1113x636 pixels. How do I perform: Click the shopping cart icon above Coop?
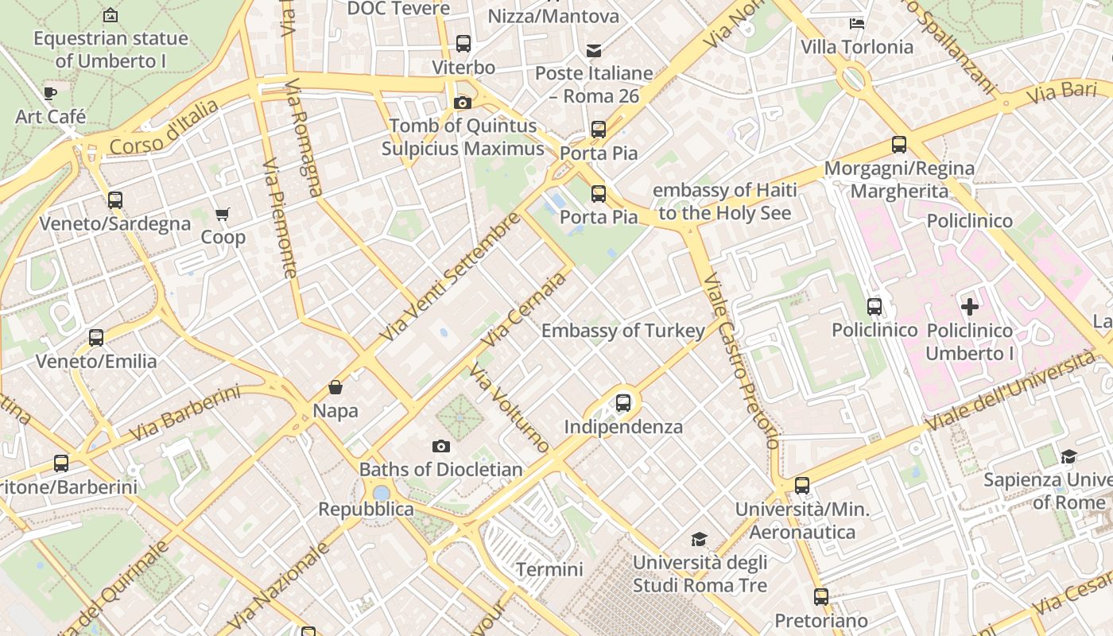(x=223, y=214)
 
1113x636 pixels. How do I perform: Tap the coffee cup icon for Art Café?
(x=50, y=93)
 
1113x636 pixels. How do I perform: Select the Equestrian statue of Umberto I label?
(x=111, y=49)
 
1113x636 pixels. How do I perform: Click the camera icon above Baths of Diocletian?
(x=441, y=447)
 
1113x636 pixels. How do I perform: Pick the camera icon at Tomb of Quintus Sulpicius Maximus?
(x=462, y=103)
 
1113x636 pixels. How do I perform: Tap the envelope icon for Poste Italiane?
(x=594, y=51)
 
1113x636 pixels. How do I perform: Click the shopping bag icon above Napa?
(x=335, y=388)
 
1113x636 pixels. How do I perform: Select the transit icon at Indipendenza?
(x=623, y=403)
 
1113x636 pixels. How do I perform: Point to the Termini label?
(x=549, y=569)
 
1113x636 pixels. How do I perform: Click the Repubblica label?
(x=366, y=509)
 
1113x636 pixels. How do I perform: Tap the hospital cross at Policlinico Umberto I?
(x=969, y=307)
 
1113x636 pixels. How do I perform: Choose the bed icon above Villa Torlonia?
(x=857, y=24)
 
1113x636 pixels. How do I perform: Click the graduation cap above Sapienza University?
(x=1068, y=456)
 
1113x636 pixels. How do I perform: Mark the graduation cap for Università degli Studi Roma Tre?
(x=699, y=540)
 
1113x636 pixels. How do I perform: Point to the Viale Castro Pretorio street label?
(x=740, y=362)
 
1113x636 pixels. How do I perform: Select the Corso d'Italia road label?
(x=164, y=128)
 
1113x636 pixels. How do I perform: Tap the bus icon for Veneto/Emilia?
(x=96, y=338)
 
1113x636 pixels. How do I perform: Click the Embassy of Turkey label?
(x=622, y=331)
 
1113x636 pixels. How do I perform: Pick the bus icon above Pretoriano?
(x=820, y=596)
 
